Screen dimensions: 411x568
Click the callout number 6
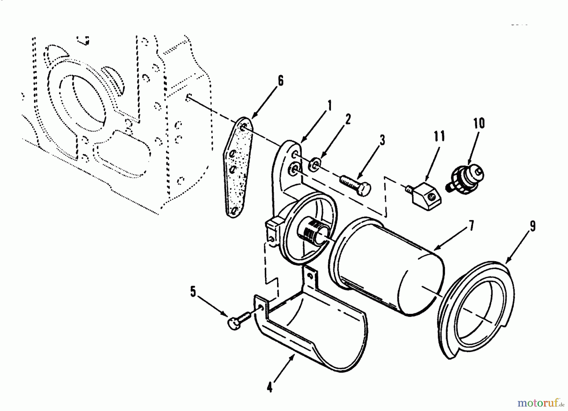click(x=280, y=81)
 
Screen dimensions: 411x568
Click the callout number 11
click(x=439, y=136)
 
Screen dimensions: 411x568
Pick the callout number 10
click(x=479, y=123)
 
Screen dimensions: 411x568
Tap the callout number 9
click(x=532, y=226)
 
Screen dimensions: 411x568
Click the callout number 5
click(x=193, y=292)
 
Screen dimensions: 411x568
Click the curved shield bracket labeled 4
click(x=312, y=334)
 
